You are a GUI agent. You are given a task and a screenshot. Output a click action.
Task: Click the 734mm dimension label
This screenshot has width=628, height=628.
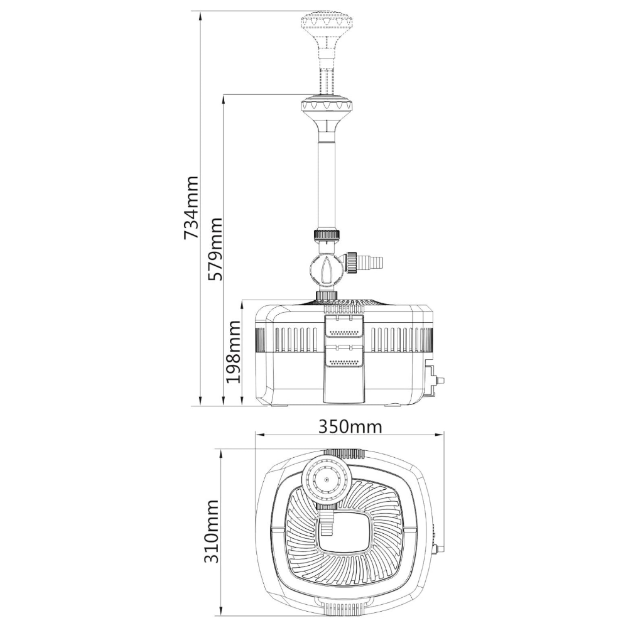191,207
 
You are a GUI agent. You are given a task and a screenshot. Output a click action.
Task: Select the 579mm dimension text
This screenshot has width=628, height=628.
214,249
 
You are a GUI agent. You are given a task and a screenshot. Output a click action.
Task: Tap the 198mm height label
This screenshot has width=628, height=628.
233,352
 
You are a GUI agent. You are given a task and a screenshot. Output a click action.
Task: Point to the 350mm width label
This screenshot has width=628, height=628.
350,427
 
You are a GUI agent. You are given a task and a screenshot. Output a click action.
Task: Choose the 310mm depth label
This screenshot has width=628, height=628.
212,531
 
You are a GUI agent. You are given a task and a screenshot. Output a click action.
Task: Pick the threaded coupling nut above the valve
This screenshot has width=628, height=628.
327,235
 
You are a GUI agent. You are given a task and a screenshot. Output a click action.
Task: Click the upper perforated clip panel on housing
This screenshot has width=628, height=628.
344,328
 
